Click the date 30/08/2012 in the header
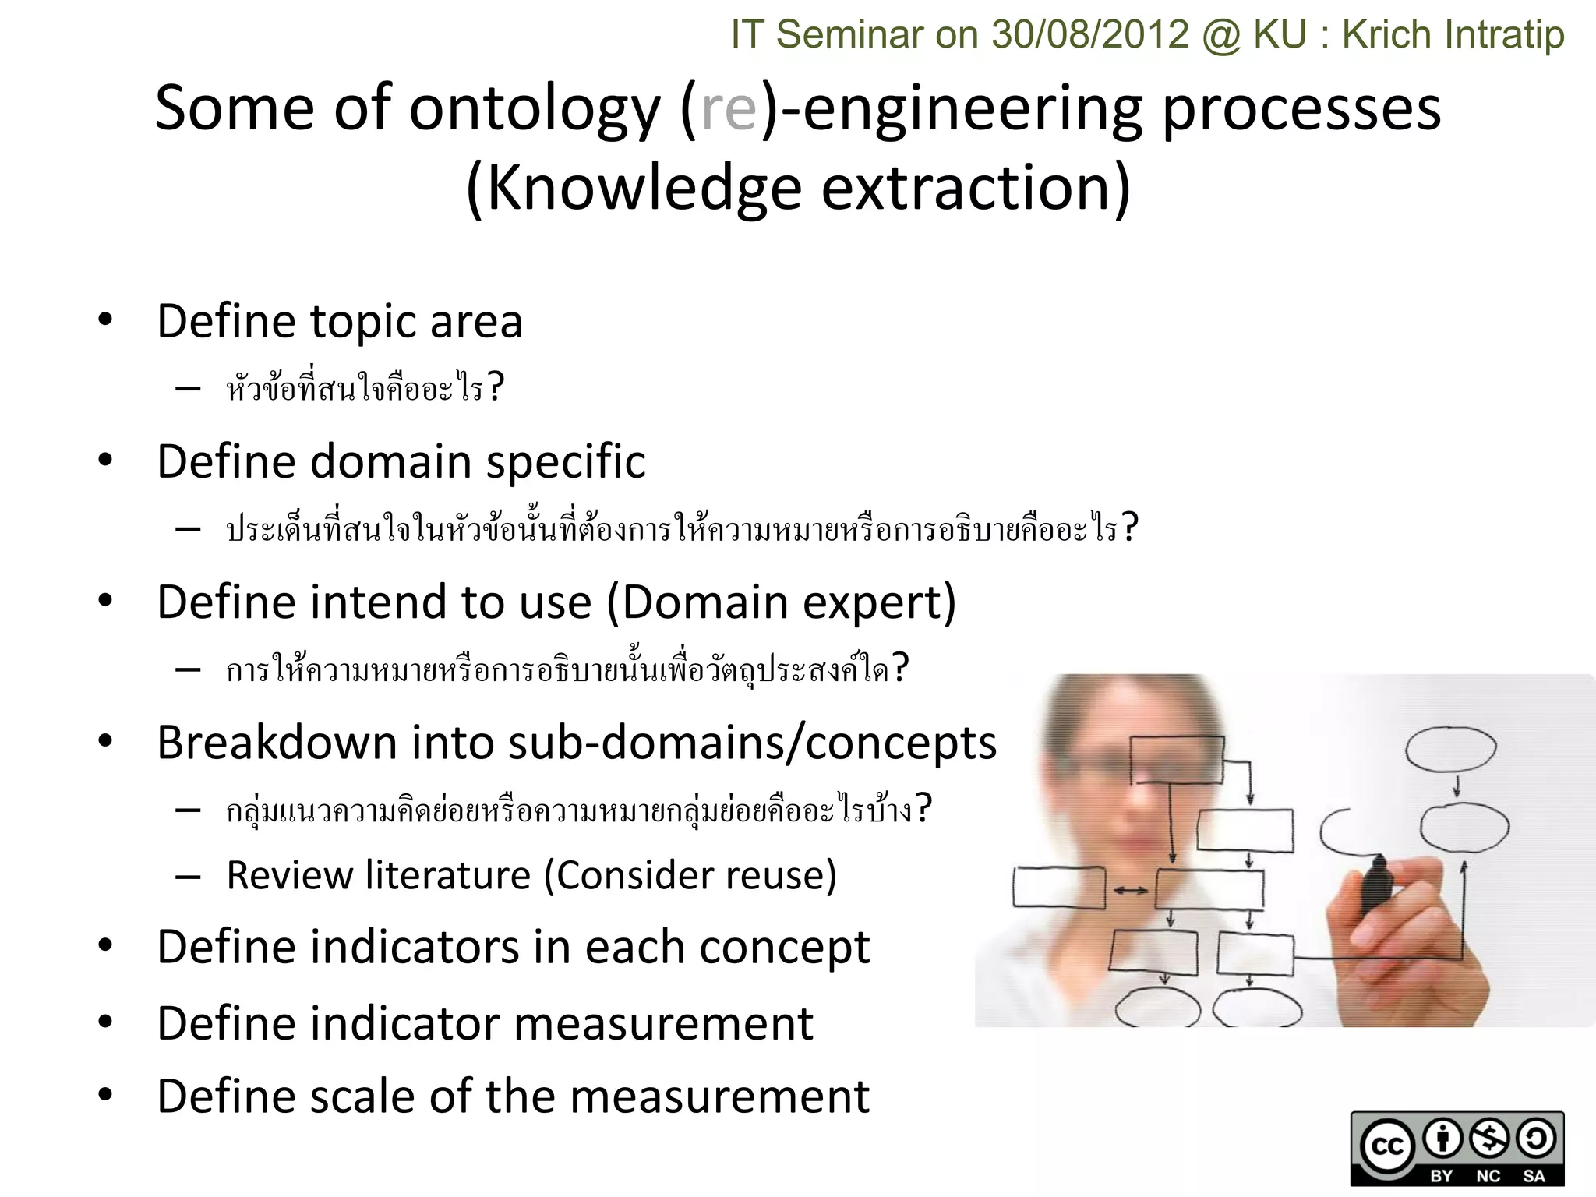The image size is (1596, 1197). coord(1090,35)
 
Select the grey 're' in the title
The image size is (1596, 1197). coord(729,109)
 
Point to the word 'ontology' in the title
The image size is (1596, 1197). coord(535,109)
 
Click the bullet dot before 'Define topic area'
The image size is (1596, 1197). coord(105,320)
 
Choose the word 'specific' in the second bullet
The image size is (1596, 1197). coord(566,462)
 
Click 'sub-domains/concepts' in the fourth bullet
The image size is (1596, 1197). coord(752,743)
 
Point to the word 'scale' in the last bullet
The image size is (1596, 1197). coord(365,1096)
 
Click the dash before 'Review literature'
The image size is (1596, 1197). coord(188,877)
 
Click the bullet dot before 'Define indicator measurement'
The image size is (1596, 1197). coord(105,1022)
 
